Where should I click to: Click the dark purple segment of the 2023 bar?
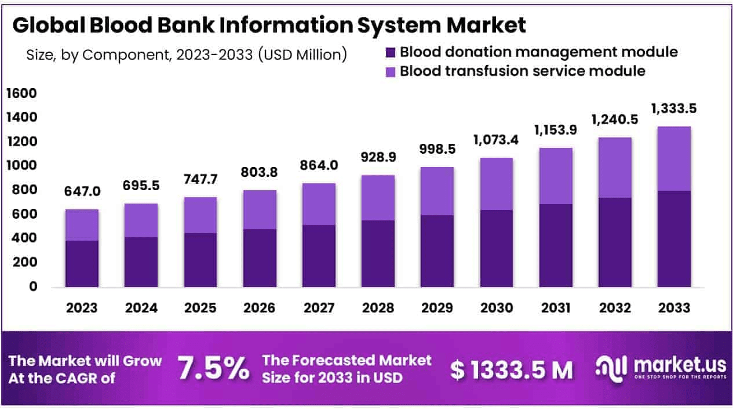click(82, 263)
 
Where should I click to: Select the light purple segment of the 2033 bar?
click(673, 158)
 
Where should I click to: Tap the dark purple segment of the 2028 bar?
click(378, 253)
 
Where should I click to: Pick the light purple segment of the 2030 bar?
click(496, 184)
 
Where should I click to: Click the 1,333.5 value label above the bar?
click(673, 108)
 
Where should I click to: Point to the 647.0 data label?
click(82, 191)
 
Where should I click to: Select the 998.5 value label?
click(437, 149)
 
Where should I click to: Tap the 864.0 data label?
click(319, 165)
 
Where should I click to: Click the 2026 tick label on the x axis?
click(259, 307)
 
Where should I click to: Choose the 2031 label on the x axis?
click(555, 307)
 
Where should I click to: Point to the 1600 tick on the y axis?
click(21, 93)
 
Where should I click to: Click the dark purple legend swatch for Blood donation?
click(390, 53)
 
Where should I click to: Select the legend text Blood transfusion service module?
click(522, 71)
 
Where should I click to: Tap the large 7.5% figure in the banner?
click(213, 368)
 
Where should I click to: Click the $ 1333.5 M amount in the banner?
click(512, 369)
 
